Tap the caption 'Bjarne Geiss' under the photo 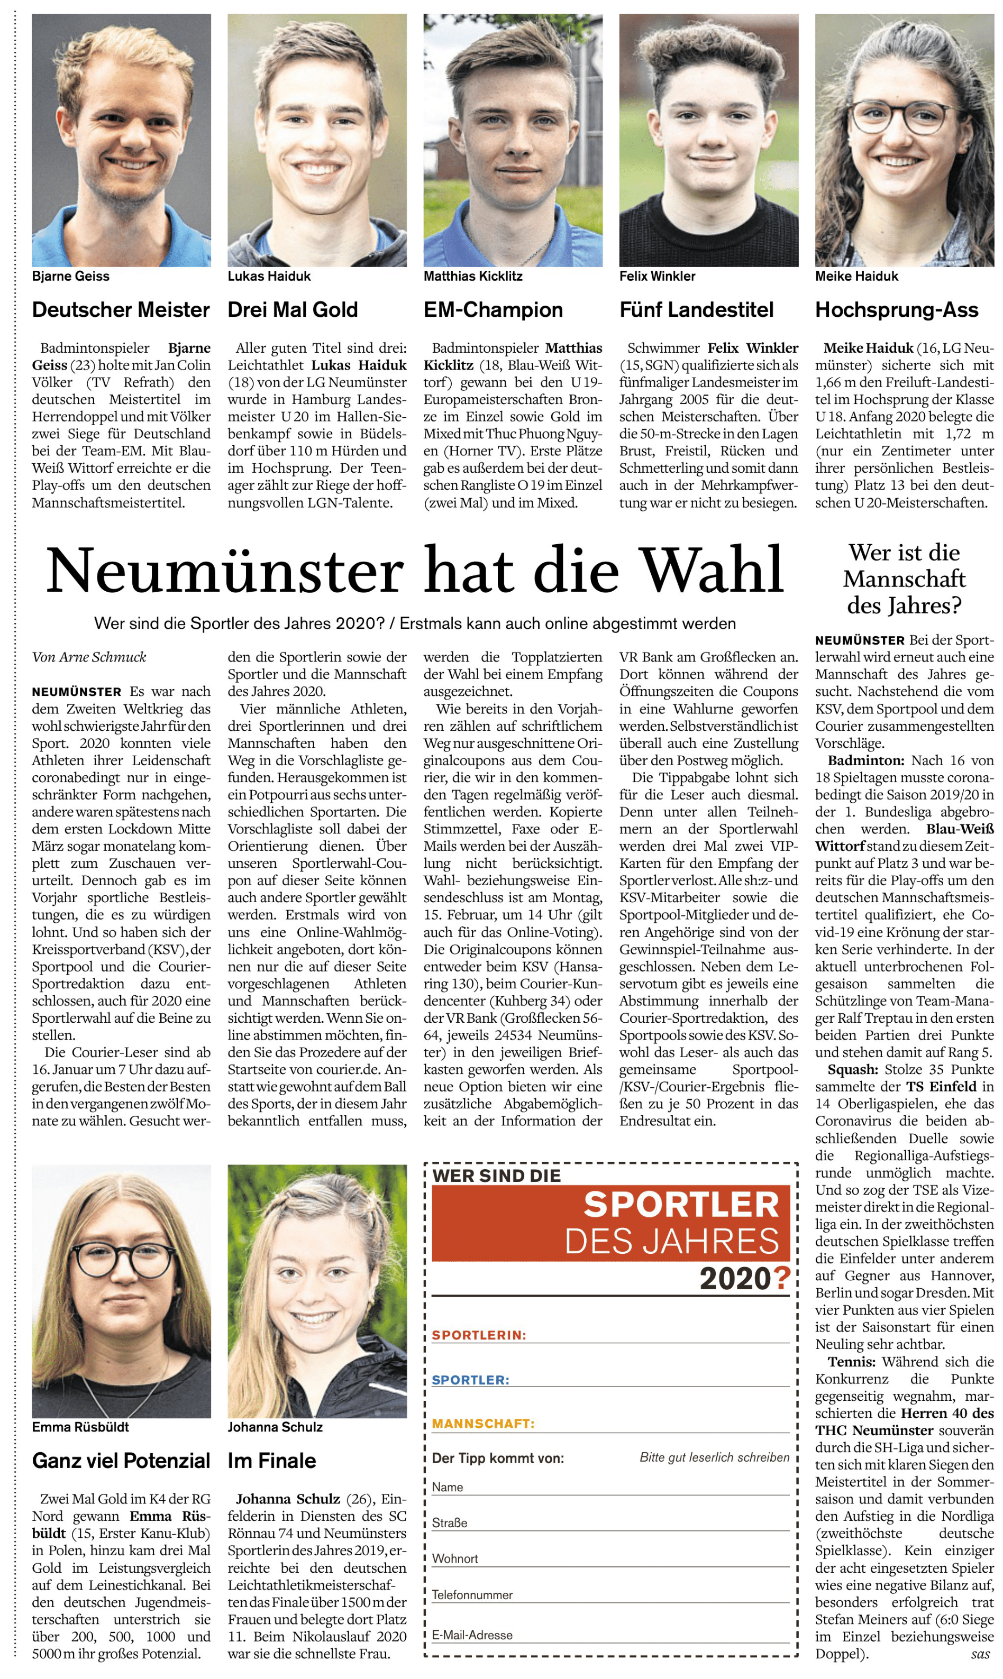70,277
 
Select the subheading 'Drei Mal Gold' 292,309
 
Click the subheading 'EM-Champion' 493,309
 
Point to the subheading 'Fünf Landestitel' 696,309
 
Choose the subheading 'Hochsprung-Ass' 896,309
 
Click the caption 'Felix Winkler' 657,277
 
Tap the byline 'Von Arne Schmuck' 88,657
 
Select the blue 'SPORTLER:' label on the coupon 470,1380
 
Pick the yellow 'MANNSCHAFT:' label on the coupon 482,1424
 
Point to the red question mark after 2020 781,1278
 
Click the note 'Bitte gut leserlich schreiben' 714,1457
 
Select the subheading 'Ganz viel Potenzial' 121,1461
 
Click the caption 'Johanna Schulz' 275,1427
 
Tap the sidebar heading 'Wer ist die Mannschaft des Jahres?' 904,579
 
